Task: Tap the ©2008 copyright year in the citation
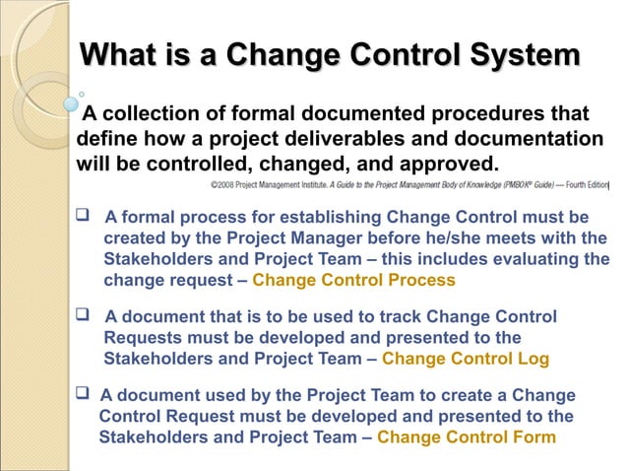(x=224, y=185)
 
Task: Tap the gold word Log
(x=533, y=360)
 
